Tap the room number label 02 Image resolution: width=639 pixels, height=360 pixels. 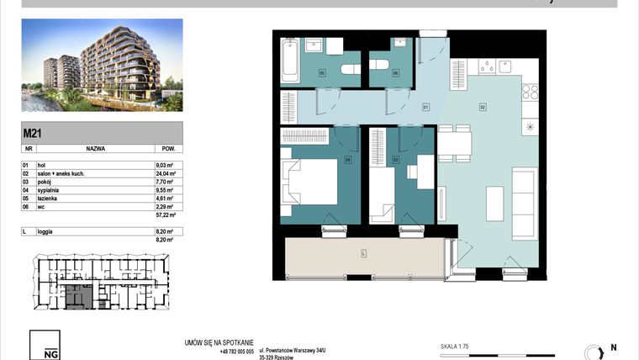(x=483, y=107)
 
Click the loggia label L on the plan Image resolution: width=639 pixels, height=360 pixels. (x=362, y=253)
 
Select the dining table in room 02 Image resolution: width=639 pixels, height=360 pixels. (x=457, y=143)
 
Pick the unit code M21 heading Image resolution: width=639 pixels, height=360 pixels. (x=33, y=132)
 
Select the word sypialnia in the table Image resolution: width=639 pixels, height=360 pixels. (x=51, y=190)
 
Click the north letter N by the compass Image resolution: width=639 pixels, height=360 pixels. (x=613, y=347)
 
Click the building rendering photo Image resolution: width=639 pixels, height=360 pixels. (x=102, y=66)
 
